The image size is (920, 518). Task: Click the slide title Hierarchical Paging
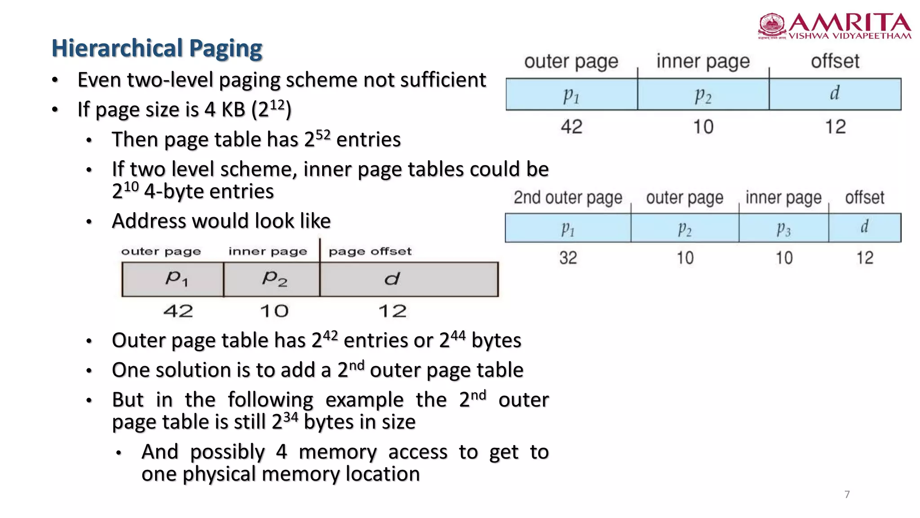157,48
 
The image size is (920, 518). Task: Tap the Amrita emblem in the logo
772,26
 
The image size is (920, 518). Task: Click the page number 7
847,495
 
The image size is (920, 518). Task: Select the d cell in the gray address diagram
409,279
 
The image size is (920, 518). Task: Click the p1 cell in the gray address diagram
172,279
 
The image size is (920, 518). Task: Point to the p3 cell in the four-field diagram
783,228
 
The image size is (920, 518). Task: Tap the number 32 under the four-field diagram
568,258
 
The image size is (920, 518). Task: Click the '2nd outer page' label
568,197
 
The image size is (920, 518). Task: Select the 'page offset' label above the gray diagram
370,251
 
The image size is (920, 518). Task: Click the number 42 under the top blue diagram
571,127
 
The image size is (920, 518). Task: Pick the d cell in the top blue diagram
835,94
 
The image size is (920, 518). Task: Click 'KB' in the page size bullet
233,110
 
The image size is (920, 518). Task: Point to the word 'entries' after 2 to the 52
368,140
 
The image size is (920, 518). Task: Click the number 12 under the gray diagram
392,311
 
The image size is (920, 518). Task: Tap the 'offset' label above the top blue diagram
835,61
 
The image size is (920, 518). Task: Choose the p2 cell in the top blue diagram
703,94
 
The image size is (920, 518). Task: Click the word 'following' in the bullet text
270,400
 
